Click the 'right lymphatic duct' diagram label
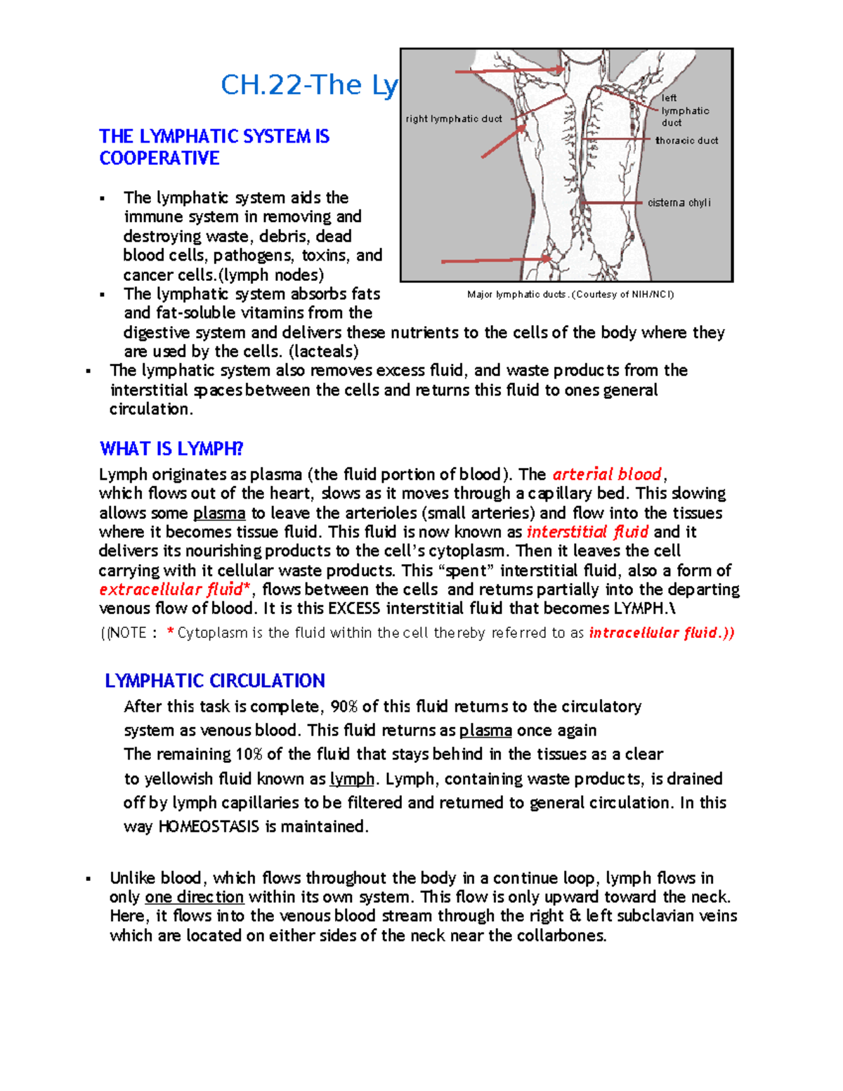tap(454, 119)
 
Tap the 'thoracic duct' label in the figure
tap(686, 141)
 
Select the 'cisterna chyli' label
tap(679, 202)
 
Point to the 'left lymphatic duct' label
tap(684, 110)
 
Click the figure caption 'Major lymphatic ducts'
tap(570, 294)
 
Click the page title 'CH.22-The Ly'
tap(309, 85)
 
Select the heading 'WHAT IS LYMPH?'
tap(171, 448)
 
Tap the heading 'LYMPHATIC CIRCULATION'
tap(215, 680)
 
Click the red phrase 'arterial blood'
tap(607, 474)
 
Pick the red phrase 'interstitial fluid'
tap(587, 532)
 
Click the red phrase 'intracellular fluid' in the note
tap(660, 633)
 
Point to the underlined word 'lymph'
tap(352, 778)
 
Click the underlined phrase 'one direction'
tap(195, 897)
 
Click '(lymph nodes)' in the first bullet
tap(273, 275)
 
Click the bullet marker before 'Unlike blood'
tap(89, 878)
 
